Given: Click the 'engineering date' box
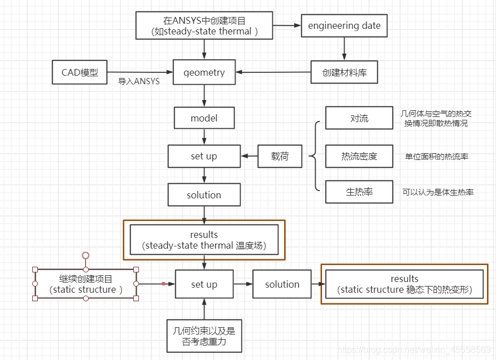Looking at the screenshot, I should coord(344,25).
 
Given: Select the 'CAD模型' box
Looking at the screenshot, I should coord(80,72).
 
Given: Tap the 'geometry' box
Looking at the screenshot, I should coord(204,72).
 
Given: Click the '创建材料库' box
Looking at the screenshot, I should coord(344,72).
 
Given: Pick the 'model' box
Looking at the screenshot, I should coord(204,119).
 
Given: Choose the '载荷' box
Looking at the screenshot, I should coord(280,156).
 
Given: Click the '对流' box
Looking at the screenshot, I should coord(359,118).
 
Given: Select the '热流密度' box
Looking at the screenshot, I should coord(359,156).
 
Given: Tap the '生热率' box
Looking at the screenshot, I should coord(359,192).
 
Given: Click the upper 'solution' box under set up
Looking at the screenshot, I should coord(204,195).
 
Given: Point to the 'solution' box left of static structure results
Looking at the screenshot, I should coord(282,284).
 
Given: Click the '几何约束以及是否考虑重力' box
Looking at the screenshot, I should coord(204,337).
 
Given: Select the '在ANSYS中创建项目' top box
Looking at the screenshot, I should coord(204,26).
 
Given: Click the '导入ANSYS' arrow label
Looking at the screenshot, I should coord(138,81).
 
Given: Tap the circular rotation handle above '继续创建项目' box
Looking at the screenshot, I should coord(86,255).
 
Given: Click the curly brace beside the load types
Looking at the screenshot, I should coord(314,156).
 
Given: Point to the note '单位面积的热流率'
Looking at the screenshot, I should coord(436,157).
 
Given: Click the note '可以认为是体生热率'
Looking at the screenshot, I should coord(437,192).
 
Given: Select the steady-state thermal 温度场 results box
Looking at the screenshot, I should coord(204,240).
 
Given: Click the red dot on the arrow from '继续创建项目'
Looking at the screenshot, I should coord(163,284).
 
